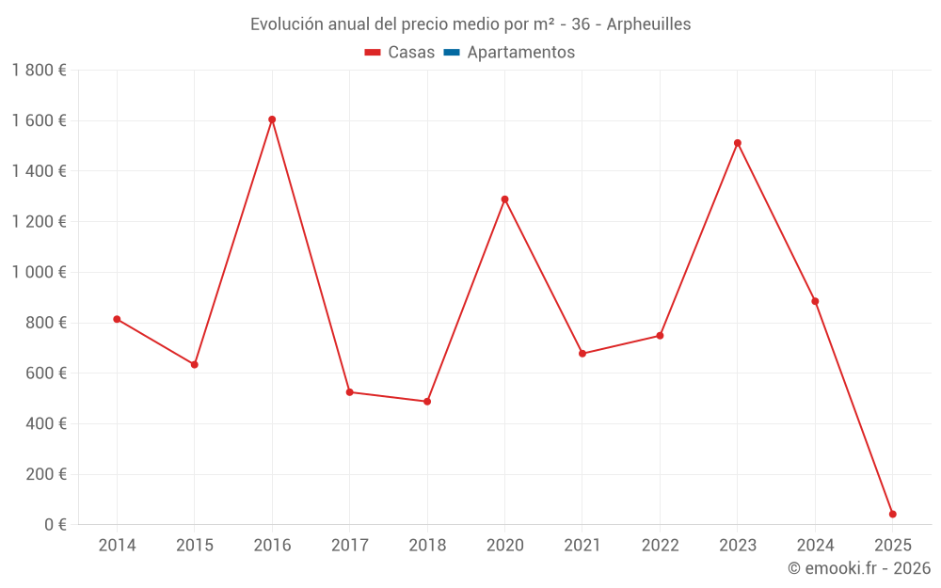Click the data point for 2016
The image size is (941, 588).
[272, 119]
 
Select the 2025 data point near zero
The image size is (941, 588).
[892, 515]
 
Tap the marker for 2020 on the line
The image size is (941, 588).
[504, 199]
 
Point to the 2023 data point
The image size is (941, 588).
[738, 143]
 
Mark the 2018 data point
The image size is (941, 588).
[427, 402]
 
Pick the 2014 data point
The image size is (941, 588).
[117, 319]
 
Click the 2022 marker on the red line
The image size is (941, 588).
[660, 336]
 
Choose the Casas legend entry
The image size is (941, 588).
[400, 53]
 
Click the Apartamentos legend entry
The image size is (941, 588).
[520, 53]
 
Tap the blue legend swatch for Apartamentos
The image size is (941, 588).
[451, 53]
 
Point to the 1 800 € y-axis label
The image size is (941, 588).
[39, 71]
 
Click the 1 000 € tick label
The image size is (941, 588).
[39, 272]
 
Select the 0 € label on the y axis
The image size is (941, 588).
[56, 525]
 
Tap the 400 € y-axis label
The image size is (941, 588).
[46, 423]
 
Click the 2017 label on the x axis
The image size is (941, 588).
[349, 546]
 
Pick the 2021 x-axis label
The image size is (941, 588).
[582, 546]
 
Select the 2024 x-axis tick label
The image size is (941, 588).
[815, 546]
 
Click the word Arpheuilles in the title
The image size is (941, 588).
[648, 24]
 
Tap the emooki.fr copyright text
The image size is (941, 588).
[859, 568]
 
